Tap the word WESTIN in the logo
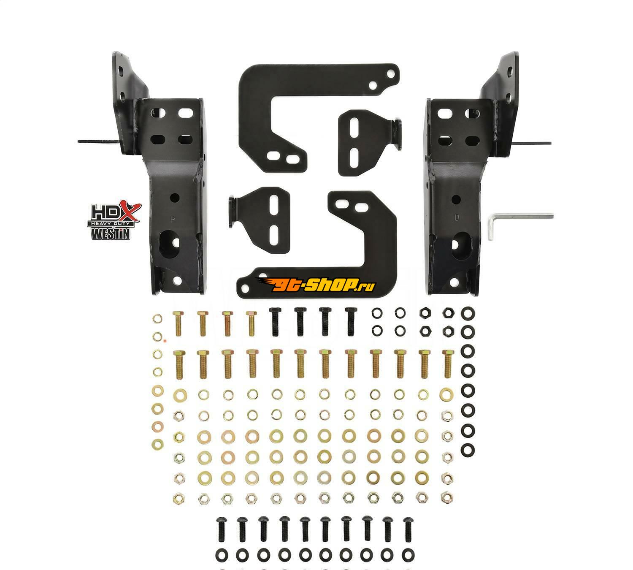click(x=111, y=233)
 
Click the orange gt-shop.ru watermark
click(x=316, y=285)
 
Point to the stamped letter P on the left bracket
click(x=172, y=219)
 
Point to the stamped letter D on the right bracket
click(x=457, y=217)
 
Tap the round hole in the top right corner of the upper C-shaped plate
click(x=391, y=75)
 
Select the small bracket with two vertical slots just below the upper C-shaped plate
click(x=370, y=142)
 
